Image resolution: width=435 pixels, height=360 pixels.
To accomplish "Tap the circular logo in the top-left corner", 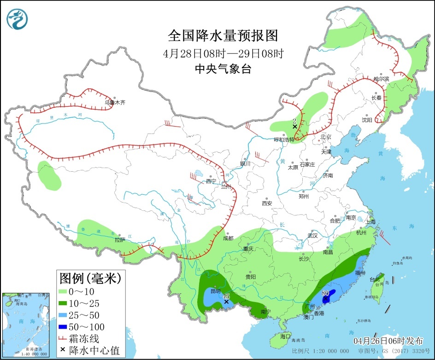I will (x=17, y=18).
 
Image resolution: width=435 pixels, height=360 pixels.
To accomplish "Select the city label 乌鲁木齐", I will (x=115, y=103).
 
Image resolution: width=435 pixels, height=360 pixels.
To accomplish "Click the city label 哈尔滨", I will (x=381, y=79).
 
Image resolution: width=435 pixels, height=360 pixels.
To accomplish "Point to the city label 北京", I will (x=326, y=137).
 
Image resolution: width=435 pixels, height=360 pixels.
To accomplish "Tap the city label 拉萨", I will (x=120, y=240).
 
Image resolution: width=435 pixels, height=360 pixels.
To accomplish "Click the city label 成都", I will (x=228, y=238).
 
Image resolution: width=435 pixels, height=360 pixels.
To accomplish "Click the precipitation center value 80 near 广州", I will (x=325, y=293).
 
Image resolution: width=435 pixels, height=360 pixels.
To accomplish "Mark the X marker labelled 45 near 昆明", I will (x=226, y=302).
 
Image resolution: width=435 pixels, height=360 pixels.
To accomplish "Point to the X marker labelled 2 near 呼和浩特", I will (x=294, y=126).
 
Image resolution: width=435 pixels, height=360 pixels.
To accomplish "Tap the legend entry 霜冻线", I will (x=87, y=339).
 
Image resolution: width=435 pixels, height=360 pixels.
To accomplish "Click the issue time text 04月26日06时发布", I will (x=388, y=341).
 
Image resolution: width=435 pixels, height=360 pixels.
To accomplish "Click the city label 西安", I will (x=267, y=203).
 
